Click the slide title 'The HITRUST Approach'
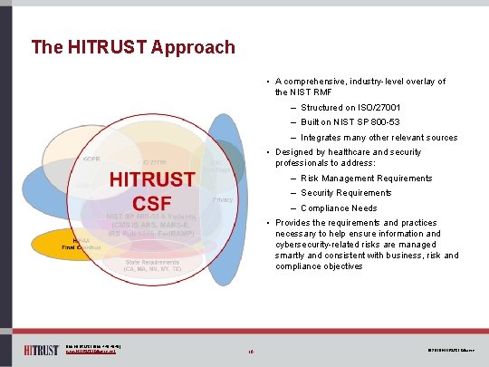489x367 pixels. coord(132,47)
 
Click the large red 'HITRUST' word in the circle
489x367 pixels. coord(151,179)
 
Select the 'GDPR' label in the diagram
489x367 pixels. coord(91,159)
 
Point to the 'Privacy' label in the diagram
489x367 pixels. coord(223,198)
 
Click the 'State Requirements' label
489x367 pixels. coord(153,262)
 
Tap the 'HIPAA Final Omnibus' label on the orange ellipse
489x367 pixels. coord(81,243)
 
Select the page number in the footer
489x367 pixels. coord(251,348)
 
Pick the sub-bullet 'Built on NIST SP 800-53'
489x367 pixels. coord(350,122)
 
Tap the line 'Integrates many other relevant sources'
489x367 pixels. coord(379,138)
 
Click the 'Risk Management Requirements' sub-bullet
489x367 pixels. coord(367,179)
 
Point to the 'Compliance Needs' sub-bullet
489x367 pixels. coord(339,208)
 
